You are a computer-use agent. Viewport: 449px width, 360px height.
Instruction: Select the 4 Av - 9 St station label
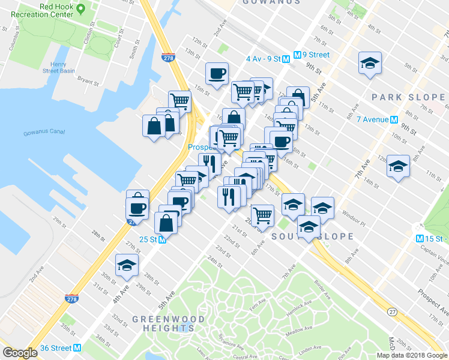coord(264,58)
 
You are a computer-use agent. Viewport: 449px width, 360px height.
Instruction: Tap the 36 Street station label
coord(54,348)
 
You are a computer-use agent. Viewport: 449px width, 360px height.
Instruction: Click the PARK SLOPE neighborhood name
coord(408,97)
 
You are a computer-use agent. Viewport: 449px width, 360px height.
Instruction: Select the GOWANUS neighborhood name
coord(272,2)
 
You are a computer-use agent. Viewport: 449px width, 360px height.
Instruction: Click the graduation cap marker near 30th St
coord(127,265)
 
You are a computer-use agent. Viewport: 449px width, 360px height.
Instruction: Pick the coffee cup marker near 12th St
coord(216,73)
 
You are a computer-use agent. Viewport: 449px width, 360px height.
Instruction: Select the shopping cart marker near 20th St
coord(262,214)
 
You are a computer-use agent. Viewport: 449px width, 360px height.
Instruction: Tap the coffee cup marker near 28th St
coord(137,209)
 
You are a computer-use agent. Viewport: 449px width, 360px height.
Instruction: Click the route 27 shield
coord(392,311)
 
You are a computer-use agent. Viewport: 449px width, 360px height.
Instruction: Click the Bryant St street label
coord(88,79)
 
